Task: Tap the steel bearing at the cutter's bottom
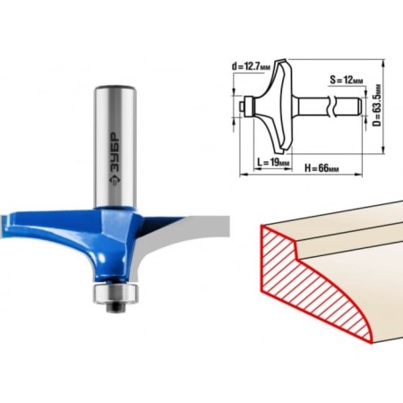(x=116, y=294)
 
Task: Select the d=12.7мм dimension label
(x=252, y=66)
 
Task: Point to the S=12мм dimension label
(x=347, y=80)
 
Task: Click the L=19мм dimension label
(x=273, y=163)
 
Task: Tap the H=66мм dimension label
(x=322, y=168)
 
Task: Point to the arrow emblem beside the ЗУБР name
(x=115, y=180)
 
